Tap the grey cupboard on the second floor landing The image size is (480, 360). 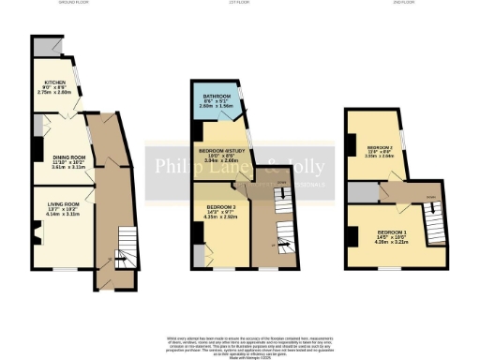click(360, 192)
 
